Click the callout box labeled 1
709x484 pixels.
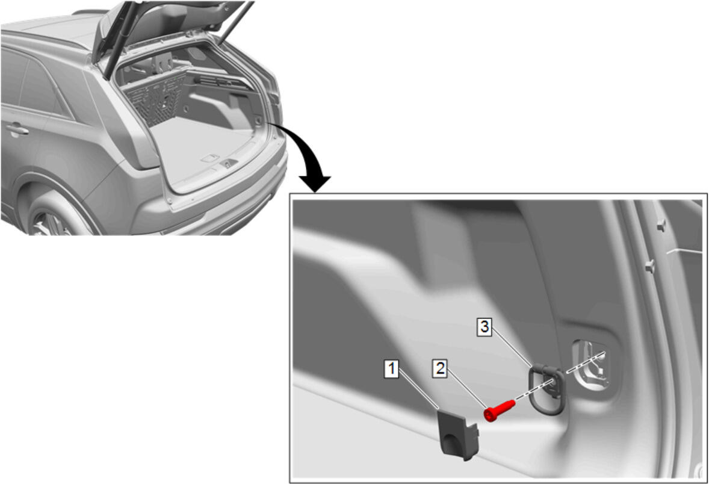392,368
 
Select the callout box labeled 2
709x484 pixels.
440,368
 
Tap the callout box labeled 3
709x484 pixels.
485,327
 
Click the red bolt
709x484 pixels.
499,409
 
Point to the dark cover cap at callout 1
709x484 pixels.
459,434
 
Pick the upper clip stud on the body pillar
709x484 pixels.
661,225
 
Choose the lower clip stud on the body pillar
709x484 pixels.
650,266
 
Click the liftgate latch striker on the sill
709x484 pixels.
229,164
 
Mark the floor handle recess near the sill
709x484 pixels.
210,158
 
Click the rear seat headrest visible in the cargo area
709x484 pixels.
164,60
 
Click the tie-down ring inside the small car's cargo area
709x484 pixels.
258,121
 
